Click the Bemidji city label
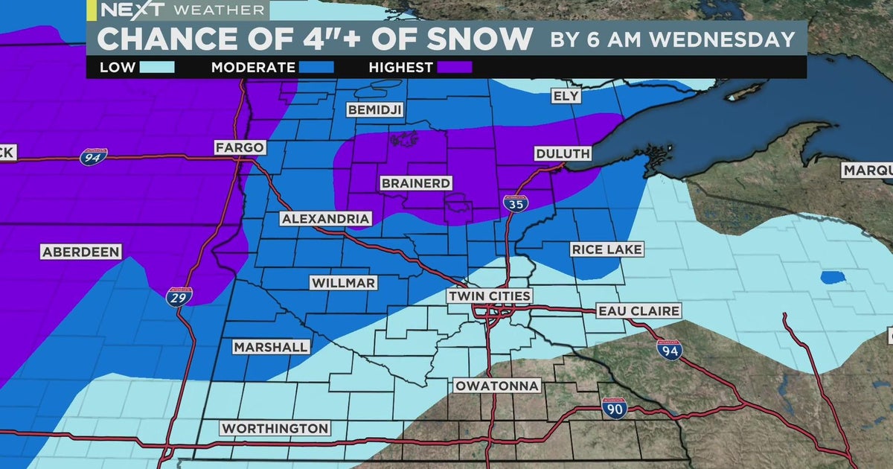pyautogui.click(x=375, y=110)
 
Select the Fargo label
pyautogui.click(x=240, y=147)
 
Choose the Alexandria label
pyautogui.click(x=325, y=219)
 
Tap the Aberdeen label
pyautogui.click(x=80, y=252)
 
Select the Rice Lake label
pyautogui.click(x=606, y=249)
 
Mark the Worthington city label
pyautogui.click(x=275, y=428)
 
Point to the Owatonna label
pyautogui.click(x=497, y=386)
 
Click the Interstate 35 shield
pyautogui.click(x=513, y=204)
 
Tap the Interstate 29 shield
pyautogui.click(x=179, y=296)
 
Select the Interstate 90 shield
pyautogui.click(x=615, y=406)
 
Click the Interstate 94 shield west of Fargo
pyautogui.click(x=95, y=156)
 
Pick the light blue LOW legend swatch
pyautogui.click(x=156, y=68)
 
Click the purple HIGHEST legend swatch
pyautogui.click(x=455, y=68)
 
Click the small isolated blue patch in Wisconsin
pyautogui.click(x=833, y=278)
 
